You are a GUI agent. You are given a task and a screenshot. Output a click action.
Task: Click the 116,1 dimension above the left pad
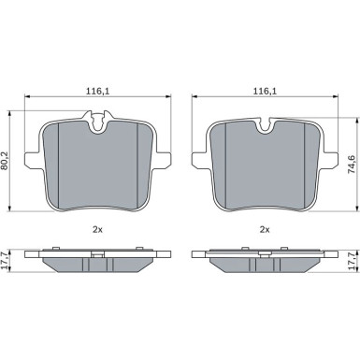coord(98,92)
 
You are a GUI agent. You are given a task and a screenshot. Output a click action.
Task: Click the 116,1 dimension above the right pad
coord(265,92)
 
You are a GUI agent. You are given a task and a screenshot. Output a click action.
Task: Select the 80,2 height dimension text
coord(5,161)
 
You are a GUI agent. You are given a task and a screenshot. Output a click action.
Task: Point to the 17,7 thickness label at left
coord(5,261)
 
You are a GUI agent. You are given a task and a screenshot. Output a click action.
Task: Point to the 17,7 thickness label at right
coord(352,261)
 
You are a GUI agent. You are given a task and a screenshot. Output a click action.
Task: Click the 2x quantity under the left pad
coord(98,230)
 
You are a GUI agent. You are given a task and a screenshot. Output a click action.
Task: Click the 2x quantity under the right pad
coord(265,230)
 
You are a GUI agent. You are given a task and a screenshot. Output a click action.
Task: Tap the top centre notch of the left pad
coord(98,122)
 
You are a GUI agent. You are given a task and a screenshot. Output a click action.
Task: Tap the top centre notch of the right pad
coord(265,125)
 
